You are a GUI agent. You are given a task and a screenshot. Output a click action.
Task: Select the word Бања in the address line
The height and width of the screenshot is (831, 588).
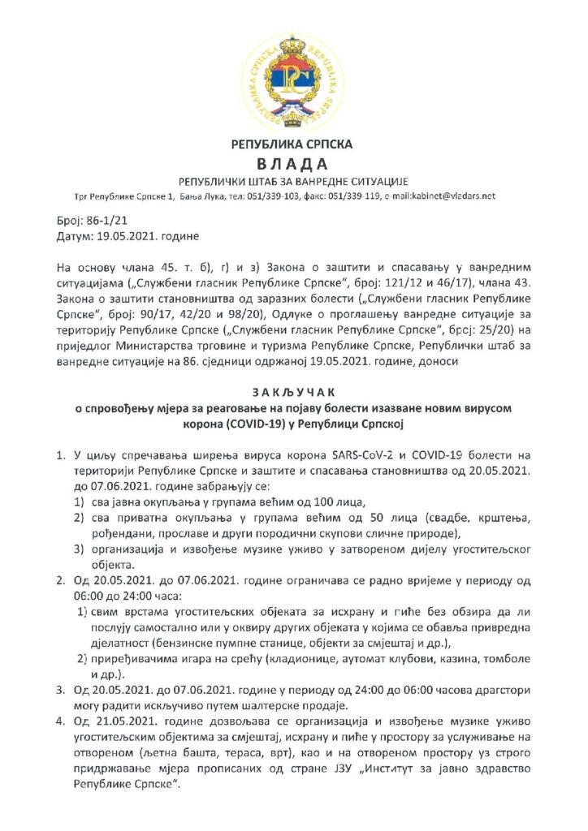(192, 196)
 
